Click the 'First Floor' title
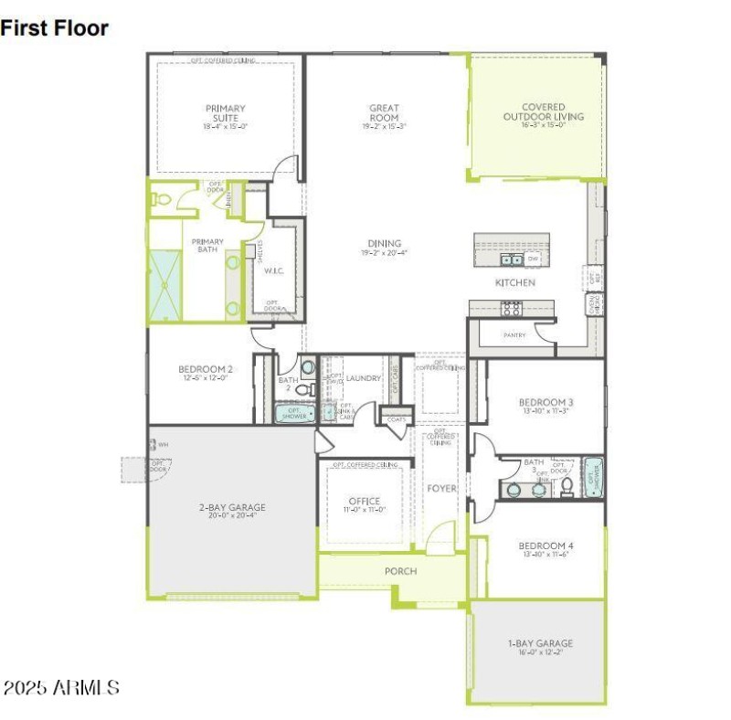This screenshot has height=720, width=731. (55, 28)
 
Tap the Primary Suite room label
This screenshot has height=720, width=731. (225, 114)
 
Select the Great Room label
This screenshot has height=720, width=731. (384, 114)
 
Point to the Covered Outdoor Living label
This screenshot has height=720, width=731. (543, 111)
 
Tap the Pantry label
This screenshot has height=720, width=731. (514, 335)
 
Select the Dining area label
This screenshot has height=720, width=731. (384, 244)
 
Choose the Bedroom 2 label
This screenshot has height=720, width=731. (205, 370)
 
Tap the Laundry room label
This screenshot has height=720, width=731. (363, 378)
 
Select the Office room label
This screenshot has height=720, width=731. (364, 502)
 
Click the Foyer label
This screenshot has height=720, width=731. (441, 489)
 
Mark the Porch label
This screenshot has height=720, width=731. (400, 571)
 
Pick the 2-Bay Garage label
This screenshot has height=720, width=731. (232, 508)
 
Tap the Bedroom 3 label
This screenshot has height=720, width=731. (546, 403)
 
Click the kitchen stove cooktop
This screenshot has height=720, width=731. (510, 309)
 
